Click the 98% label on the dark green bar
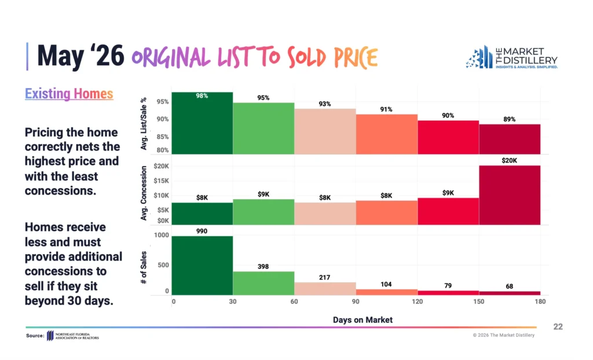click(202, 96)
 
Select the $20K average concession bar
click(510, 195)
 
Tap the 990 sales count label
click(202, 231)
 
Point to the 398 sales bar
click(263, 283)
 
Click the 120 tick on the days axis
click(417, 302)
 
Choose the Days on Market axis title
click(363, 320)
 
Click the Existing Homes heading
click(69, 93)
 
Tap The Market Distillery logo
click(512, 57)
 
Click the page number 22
click(558, 327)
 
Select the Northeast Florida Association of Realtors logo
click(73, 336)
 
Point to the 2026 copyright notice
click(503, 335)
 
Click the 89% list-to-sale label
click(510, 119)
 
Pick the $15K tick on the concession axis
click(161, 181)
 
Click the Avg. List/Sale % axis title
click(144, 124)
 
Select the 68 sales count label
click(510, 286)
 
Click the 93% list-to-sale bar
click(325, 131)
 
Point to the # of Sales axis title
click(144, 267)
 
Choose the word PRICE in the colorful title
click(356, 57)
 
